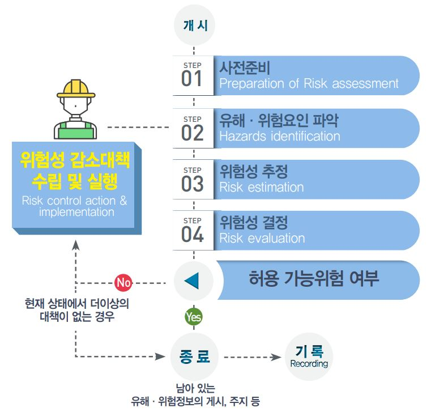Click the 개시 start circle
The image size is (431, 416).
click(194, 25)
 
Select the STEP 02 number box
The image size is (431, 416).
click(193, 128)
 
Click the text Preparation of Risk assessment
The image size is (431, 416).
click(309, 84)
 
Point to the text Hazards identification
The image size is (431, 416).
click(280, 136)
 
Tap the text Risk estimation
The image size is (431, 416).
click(262, 187)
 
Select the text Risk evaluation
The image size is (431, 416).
click(262, 238)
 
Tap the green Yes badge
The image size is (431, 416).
click(193, 317)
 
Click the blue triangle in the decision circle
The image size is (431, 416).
click(193, 281)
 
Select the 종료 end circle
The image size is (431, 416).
click(194, 357)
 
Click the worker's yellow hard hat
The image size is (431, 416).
click(75, 90)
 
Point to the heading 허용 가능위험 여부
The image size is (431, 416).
click(313, 279)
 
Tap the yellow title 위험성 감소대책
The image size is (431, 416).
click(74, 160)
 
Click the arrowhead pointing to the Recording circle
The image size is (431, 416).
click(277, 357)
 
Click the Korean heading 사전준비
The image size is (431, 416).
click(245, 69)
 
